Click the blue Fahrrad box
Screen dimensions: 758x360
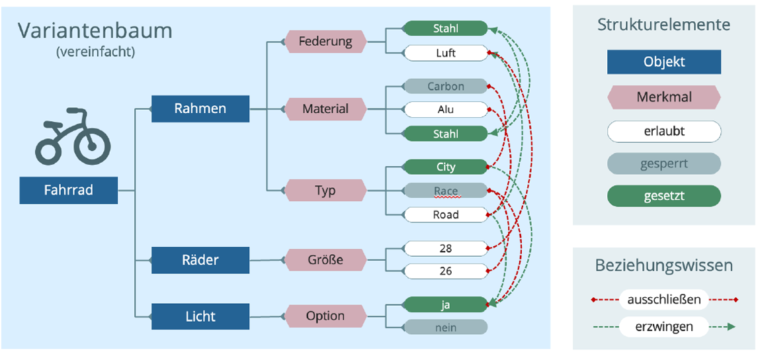pos(69,190)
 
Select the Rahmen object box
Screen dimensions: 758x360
pos(200,109)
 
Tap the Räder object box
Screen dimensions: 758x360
pos(200,260)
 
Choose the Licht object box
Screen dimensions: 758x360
pos(200,316)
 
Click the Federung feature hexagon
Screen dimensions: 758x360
pos(325,42)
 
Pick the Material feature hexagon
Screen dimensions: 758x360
pos(325,109)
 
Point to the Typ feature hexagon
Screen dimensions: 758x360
pos(325,191)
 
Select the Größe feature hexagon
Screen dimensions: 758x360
pos(325,260)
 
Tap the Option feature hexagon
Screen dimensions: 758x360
pos(325,316)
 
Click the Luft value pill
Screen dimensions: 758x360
pos(445,53)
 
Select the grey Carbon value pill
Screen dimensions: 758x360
pos(445,86)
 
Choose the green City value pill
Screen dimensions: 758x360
pos(445,167)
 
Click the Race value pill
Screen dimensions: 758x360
pos(445,191)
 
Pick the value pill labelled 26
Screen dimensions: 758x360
pos(445,271)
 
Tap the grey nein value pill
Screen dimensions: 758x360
pos(445,328)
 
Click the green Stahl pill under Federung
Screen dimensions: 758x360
pos(445,28)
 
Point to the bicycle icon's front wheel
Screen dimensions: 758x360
pos(92,146)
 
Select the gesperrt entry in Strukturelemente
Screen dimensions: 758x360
pos(663,163)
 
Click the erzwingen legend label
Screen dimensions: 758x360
pos(663,327)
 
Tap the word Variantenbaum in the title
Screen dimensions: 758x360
pos(95,31)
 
